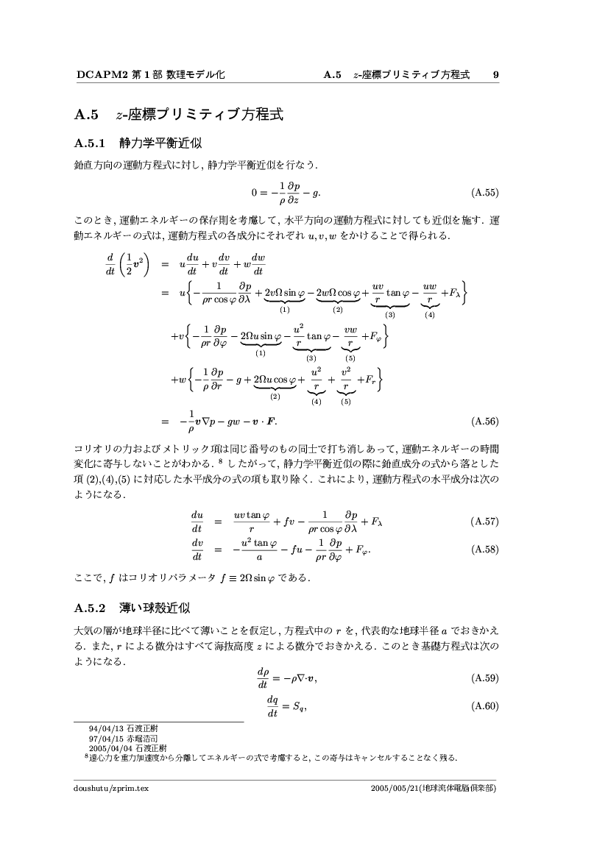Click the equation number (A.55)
(x=484, y=193)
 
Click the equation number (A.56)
(x=484, y=422)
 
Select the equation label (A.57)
(x=484, y=522)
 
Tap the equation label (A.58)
(x=484, y=548)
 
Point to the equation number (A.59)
(x=484, y=677)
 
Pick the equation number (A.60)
(x=484, y=707)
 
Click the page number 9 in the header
(x=496, y=74)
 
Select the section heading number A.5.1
(x=91, y=142)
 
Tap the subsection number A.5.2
(x=91, y=608)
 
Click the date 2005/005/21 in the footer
(x=397, y=788)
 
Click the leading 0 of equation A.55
(x=254, y=193)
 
